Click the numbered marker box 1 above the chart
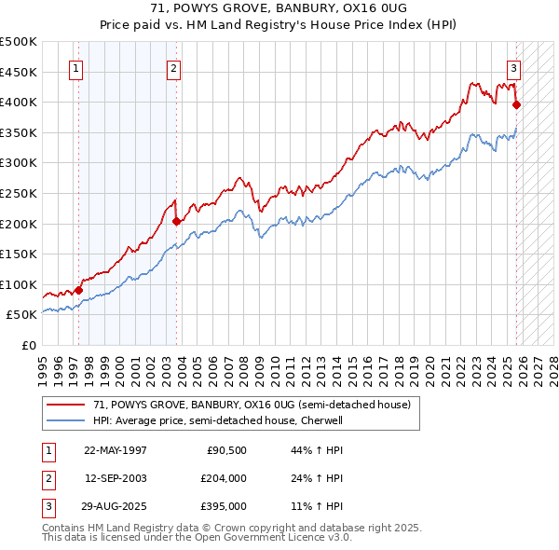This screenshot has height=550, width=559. pos(75,67)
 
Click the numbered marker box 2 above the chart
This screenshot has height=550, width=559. pos(174,67)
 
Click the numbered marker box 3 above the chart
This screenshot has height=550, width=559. pos(513,67)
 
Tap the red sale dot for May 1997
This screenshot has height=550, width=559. pos(78,290)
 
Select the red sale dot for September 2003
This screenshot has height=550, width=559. pos(176,221)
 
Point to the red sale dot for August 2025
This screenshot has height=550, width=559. pos(516,105)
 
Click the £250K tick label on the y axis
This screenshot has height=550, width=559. pos(19,193)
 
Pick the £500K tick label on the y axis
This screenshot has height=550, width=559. pos(19,42)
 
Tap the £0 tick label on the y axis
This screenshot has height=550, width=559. pos(28,345)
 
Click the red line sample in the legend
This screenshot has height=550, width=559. pos(66,405)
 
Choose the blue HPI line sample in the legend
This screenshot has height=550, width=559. pos(66,420)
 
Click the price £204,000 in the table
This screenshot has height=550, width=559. pos(223,478)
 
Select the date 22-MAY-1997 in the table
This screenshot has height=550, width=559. pos(115,449)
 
